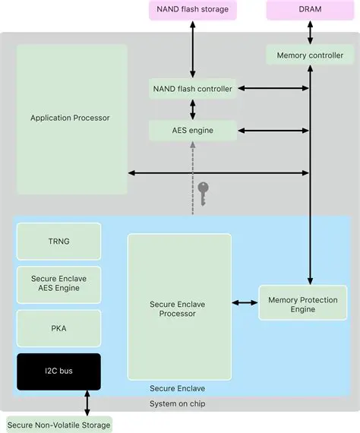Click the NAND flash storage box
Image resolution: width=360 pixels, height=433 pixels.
(x=192, y=10)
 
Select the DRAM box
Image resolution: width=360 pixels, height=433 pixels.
(x=309, y=10)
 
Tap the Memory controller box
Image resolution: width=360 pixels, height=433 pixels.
(x=309, y=55)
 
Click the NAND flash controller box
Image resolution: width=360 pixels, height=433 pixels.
(x=192, y=89)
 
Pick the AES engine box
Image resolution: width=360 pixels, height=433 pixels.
(x=192, y=131)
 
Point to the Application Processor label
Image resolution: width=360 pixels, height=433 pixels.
(x=70, y=118)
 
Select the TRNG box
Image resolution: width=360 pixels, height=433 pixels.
(x=58, y=241)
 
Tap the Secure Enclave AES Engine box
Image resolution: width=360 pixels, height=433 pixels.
(x=58, y=283)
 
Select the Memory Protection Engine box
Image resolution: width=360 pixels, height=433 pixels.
(x=302, y=305)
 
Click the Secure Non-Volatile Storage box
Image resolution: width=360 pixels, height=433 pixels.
(x=59, y=425)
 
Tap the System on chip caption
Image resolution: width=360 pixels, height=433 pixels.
(x=177, y=403)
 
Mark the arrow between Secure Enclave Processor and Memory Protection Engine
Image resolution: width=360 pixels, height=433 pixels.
(x=245, y=303)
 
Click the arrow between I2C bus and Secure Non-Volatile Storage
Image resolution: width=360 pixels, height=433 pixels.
(x=88, y=403)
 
